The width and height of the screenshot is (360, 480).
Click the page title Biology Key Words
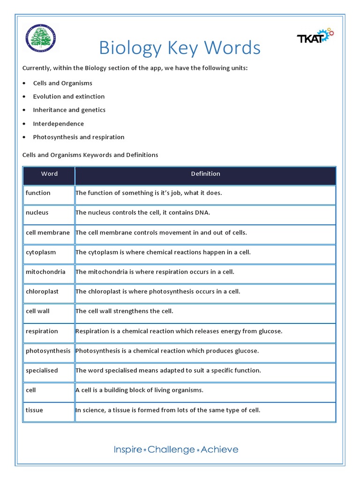tap(180, 48)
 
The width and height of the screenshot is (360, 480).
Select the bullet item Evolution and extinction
tap(68, 97)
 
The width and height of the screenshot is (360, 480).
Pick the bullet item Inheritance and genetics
tap(69, 110)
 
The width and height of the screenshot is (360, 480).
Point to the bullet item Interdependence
tap(58, 124)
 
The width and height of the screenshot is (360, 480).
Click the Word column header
tap(49, 174)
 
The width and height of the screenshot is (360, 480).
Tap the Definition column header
tap(205, 174)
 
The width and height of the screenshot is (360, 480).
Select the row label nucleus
tap(37, 213)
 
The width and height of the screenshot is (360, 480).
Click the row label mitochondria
tap(45, 272)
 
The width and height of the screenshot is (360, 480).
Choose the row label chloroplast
tap(42, 292)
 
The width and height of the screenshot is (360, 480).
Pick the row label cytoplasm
tap(41, 252)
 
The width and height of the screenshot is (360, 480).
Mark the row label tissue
tap(34, 410)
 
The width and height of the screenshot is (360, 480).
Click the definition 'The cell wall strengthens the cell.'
tap(124, 311)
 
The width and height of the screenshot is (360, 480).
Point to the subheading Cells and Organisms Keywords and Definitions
tap(90, 155)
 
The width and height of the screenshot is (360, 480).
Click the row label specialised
tap(42, 370)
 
